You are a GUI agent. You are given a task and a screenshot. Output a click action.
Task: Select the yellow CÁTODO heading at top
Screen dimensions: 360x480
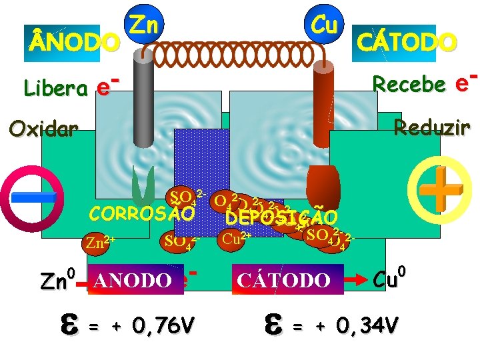(x=407, y=42)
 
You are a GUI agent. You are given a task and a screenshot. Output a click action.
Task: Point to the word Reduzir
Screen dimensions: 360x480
(x=432, y=126)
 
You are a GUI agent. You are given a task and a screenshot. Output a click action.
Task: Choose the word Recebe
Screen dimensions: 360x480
(x=409, y=84)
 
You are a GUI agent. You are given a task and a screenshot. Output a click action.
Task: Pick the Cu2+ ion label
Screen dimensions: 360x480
(x=237, y=237)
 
